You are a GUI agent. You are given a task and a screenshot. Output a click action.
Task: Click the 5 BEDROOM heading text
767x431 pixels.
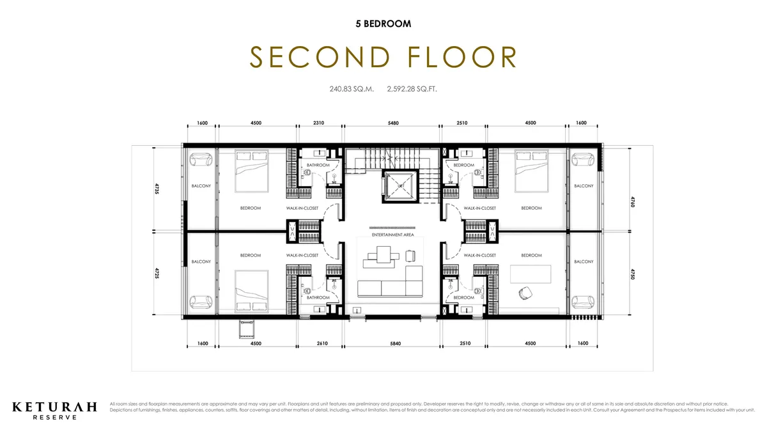coord(383,24)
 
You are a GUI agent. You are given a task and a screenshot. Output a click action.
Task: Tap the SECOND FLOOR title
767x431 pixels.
coord(383,57)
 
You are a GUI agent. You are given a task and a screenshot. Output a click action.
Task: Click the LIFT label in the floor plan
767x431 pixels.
coord(400,185)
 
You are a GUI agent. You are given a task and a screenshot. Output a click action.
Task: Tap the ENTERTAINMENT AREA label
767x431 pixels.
coord(393,235)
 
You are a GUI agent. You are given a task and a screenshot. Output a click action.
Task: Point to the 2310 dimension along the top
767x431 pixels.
coord(320,123)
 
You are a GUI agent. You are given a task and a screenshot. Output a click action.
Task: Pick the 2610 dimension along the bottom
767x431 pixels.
coord(322,343)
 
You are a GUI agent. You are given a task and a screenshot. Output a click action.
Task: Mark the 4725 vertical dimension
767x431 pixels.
coord(156,274)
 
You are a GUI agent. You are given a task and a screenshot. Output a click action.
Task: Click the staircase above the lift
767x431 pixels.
coord(391,159)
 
